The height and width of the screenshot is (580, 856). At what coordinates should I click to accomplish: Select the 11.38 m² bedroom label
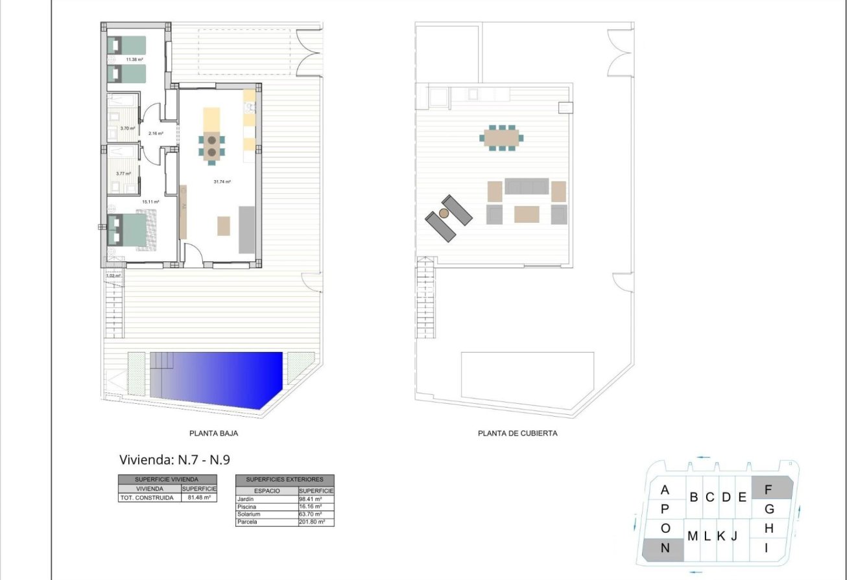134,59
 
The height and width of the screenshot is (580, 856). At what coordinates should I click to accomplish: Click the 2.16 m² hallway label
156,133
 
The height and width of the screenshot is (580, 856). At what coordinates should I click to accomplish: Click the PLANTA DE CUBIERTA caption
517,434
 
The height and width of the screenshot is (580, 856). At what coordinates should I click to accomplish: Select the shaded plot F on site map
771,489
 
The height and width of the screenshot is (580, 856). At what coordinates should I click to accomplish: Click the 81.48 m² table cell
199,498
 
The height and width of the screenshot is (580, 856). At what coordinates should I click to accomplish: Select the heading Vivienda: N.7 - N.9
174,460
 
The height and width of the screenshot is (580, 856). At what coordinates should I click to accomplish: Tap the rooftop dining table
502,137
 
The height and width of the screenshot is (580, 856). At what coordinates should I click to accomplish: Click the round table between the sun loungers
444,213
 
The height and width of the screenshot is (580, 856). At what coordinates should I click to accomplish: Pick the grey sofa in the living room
247,229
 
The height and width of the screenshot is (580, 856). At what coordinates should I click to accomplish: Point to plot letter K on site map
720,536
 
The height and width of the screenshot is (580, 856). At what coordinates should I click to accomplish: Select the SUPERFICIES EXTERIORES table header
285,480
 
